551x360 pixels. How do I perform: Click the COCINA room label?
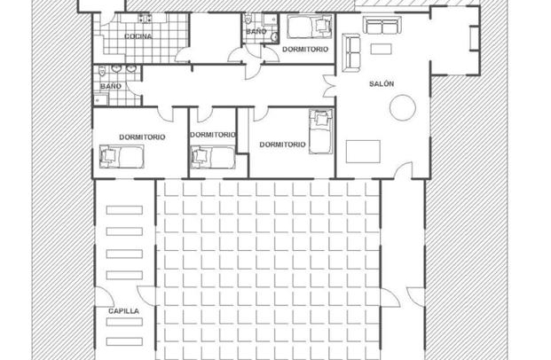[138, 36]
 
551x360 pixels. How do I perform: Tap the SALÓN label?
[382, 83]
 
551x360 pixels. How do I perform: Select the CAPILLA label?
[123, 311]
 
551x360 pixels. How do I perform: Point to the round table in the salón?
[403, 108]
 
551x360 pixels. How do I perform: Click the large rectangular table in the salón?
[363, 152]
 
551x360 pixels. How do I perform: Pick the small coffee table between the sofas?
[381, 49]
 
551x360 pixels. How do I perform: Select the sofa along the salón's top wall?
[382, 26]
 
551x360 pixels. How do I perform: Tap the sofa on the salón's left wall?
[351, 52]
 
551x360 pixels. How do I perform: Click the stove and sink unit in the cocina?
[145, 19]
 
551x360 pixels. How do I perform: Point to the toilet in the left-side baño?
[102, 71]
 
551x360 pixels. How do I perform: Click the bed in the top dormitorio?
[310, 27]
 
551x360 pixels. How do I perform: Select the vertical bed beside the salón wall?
[321, 132]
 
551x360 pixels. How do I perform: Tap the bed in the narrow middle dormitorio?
[212, 157]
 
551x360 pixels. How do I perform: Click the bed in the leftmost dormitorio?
[122, 156]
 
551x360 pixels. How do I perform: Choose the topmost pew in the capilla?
[124, 210]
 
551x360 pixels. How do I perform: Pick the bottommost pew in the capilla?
[124, 341]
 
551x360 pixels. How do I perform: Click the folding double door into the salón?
[329, 86]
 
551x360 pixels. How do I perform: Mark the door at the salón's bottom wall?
[404, 170]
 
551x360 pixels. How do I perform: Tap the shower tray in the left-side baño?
[100, 99]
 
